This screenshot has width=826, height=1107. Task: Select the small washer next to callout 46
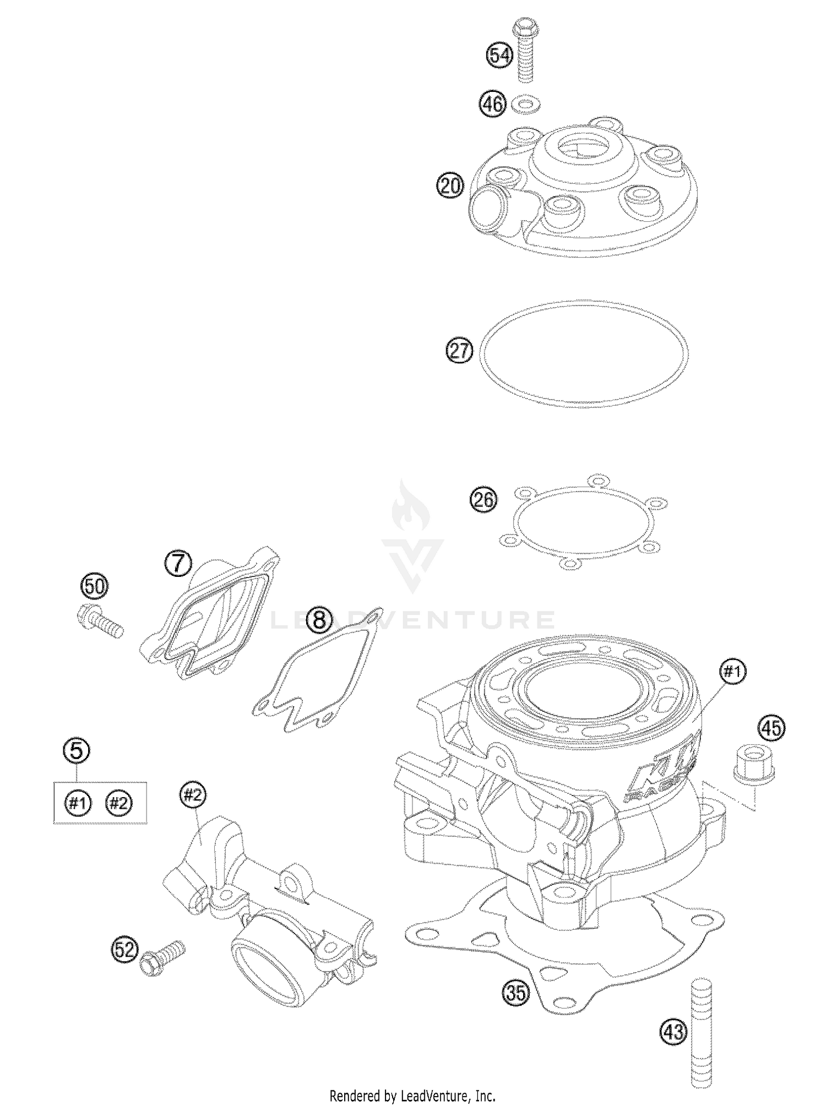coord(526,104)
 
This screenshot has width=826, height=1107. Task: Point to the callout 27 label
coord(459,351)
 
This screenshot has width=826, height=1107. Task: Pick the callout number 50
coord(95,586)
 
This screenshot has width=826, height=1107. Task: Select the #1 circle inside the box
coord(78,803)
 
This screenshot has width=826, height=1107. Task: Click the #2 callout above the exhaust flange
coord(193,795)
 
